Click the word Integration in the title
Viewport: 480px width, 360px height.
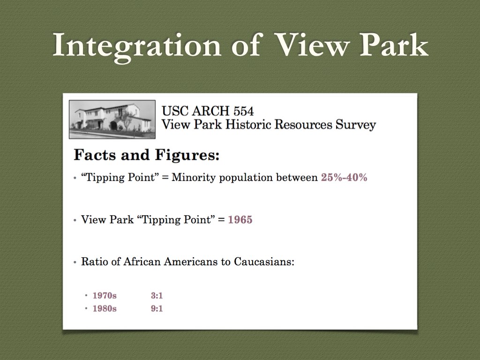tap(137, 46)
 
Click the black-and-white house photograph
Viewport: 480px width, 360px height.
tap(112, 120)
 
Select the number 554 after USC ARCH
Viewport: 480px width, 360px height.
tap(243, 111)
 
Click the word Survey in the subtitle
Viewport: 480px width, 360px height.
tap(356, 125)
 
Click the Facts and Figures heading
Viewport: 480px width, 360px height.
tap(147, 155)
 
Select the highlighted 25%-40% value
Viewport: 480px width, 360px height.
tap(344, 177)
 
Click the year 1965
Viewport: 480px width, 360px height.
tap(240, 219)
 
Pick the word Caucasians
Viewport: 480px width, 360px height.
tap(264, 262)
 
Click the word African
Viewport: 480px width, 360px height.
tap(142, 262)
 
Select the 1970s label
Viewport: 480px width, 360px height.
tap(105, 295)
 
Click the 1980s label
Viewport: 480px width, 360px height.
tap(105, 308)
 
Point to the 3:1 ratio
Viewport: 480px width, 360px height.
tap(157, 295)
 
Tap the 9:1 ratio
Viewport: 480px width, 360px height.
tap(157, 308)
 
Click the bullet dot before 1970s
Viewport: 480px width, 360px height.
tap(86, 296)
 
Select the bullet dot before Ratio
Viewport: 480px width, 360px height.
tap(75, 262)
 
